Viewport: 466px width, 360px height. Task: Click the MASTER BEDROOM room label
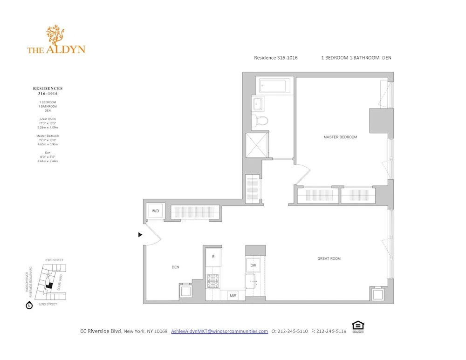[340, 137]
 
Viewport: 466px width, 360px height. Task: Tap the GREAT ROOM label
[329, 258]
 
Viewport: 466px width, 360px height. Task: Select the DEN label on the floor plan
[175, 267]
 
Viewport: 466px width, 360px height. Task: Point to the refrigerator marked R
[213, 257]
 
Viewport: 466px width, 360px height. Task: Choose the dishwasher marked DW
[253, 265]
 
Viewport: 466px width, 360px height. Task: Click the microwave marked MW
[232, 295]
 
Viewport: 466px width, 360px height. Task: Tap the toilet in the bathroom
[261, 121]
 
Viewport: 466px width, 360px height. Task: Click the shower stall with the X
[257, 145]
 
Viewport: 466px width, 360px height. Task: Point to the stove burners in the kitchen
[213, 281]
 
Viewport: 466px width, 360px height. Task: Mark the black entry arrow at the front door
[140, 235]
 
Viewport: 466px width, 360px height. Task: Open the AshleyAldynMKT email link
[219, 331]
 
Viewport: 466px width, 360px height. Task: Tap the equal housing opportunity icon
[358, 326]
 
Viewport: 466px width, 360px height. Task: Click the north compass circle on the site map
[29, 306]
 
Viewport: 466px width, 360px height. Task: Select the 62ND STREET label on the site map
[48, 304]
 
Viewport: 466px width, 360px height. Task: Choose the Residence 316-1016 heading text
[275, 58]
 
